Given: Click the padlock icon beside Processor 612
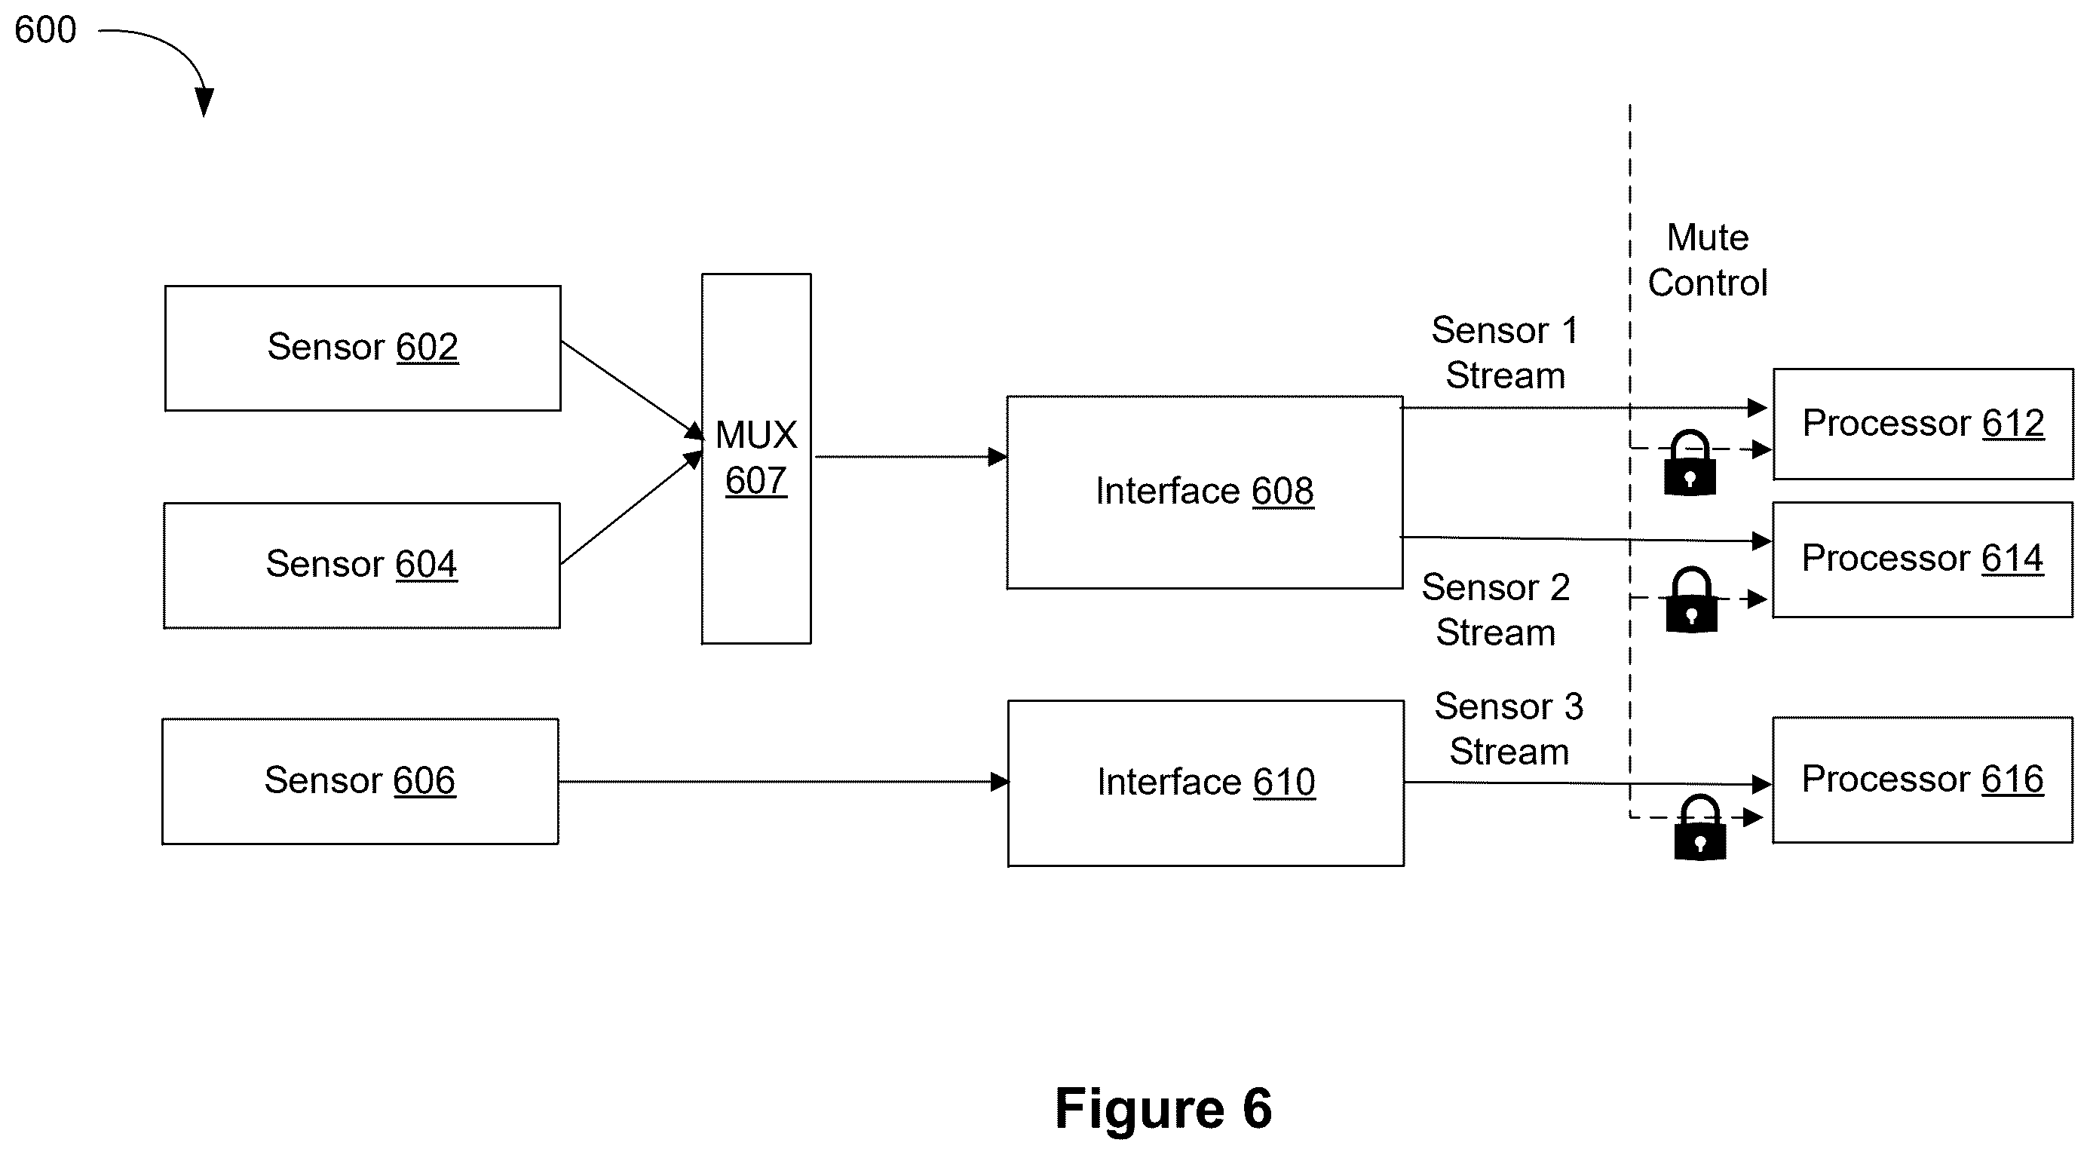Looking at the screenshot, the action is click(1689, 463).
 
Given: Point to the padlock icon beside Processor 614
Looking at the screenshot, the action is click(1692, 599).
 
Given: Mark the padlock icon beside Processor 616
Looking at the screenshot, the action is click(1699, 826).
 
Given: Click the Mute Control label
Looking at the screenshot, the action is click(1708, 260).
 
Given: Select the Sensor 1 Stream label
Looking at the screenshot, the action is click(1505, 353).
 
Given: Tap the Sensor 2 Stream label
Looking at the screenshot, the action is click(1496, 610).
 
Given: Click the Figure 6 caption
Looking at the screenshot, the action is click(1163, 1108).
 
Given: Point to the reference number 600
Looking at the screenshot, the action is click(45, 30).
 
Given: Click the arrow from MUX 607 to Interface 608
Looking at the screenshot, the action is click(910, 457).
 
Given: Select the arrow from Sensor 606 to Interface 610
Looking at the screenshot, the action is click(784, 782).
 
